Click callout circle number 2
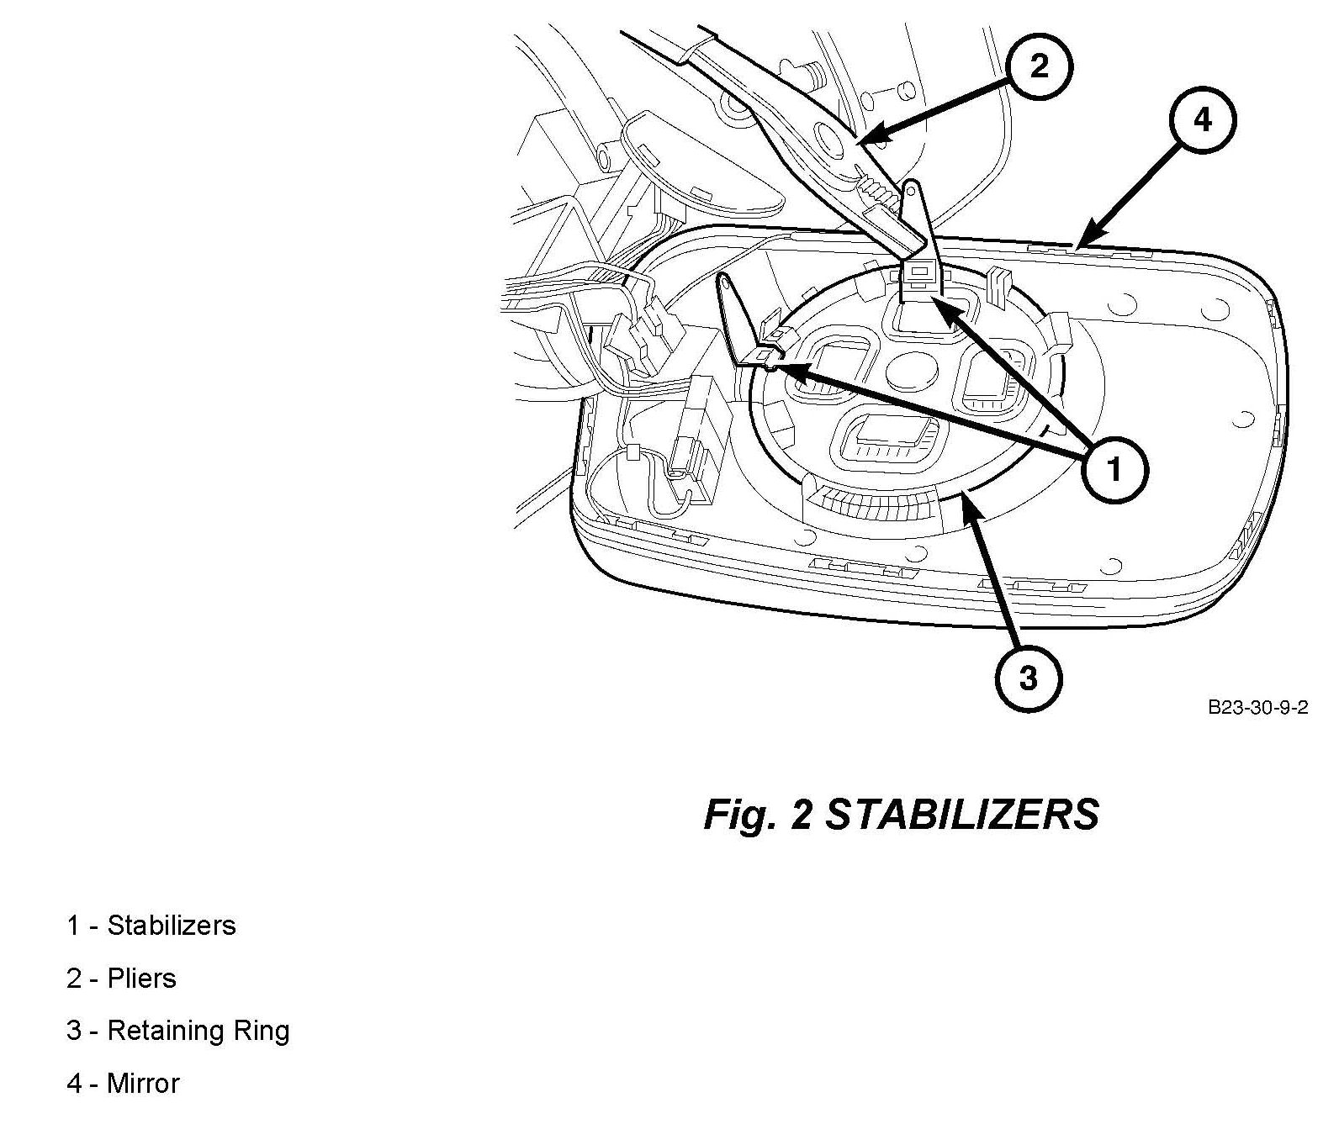pyautogui.click(x=1040, y=66)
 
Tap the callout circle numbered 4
pyautogui.click(x=1203, y=121)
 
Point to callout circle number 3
pyautogui.click(x=1028, y=678)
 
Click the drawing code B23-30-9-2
pyautogui.click(x=1257, y=707)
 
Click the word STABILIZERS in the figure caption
pyautogui.click(x=961, y=814)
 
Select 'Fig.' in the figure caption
pyautogui.click(x=739, y=814)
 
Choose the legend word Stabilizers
pyautogui.click(x=172, y=926)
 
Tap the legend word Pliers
pyautogui.click(x=141, y=979)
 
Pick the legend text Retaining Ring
pyautogui.click(x=198, y=1031)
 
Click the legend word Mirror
pyautogui.click(x=143, y=1084)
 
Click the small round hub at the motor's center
pyautogui.click(x=911, y=370)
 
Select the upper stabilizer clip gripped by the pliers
pyautogui.click(x=922, y=273)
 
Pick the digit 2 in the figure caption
pyautogui.click(x=802, y=814)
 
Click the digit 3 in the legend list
pyautogui.click(x=74, y=1031)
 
